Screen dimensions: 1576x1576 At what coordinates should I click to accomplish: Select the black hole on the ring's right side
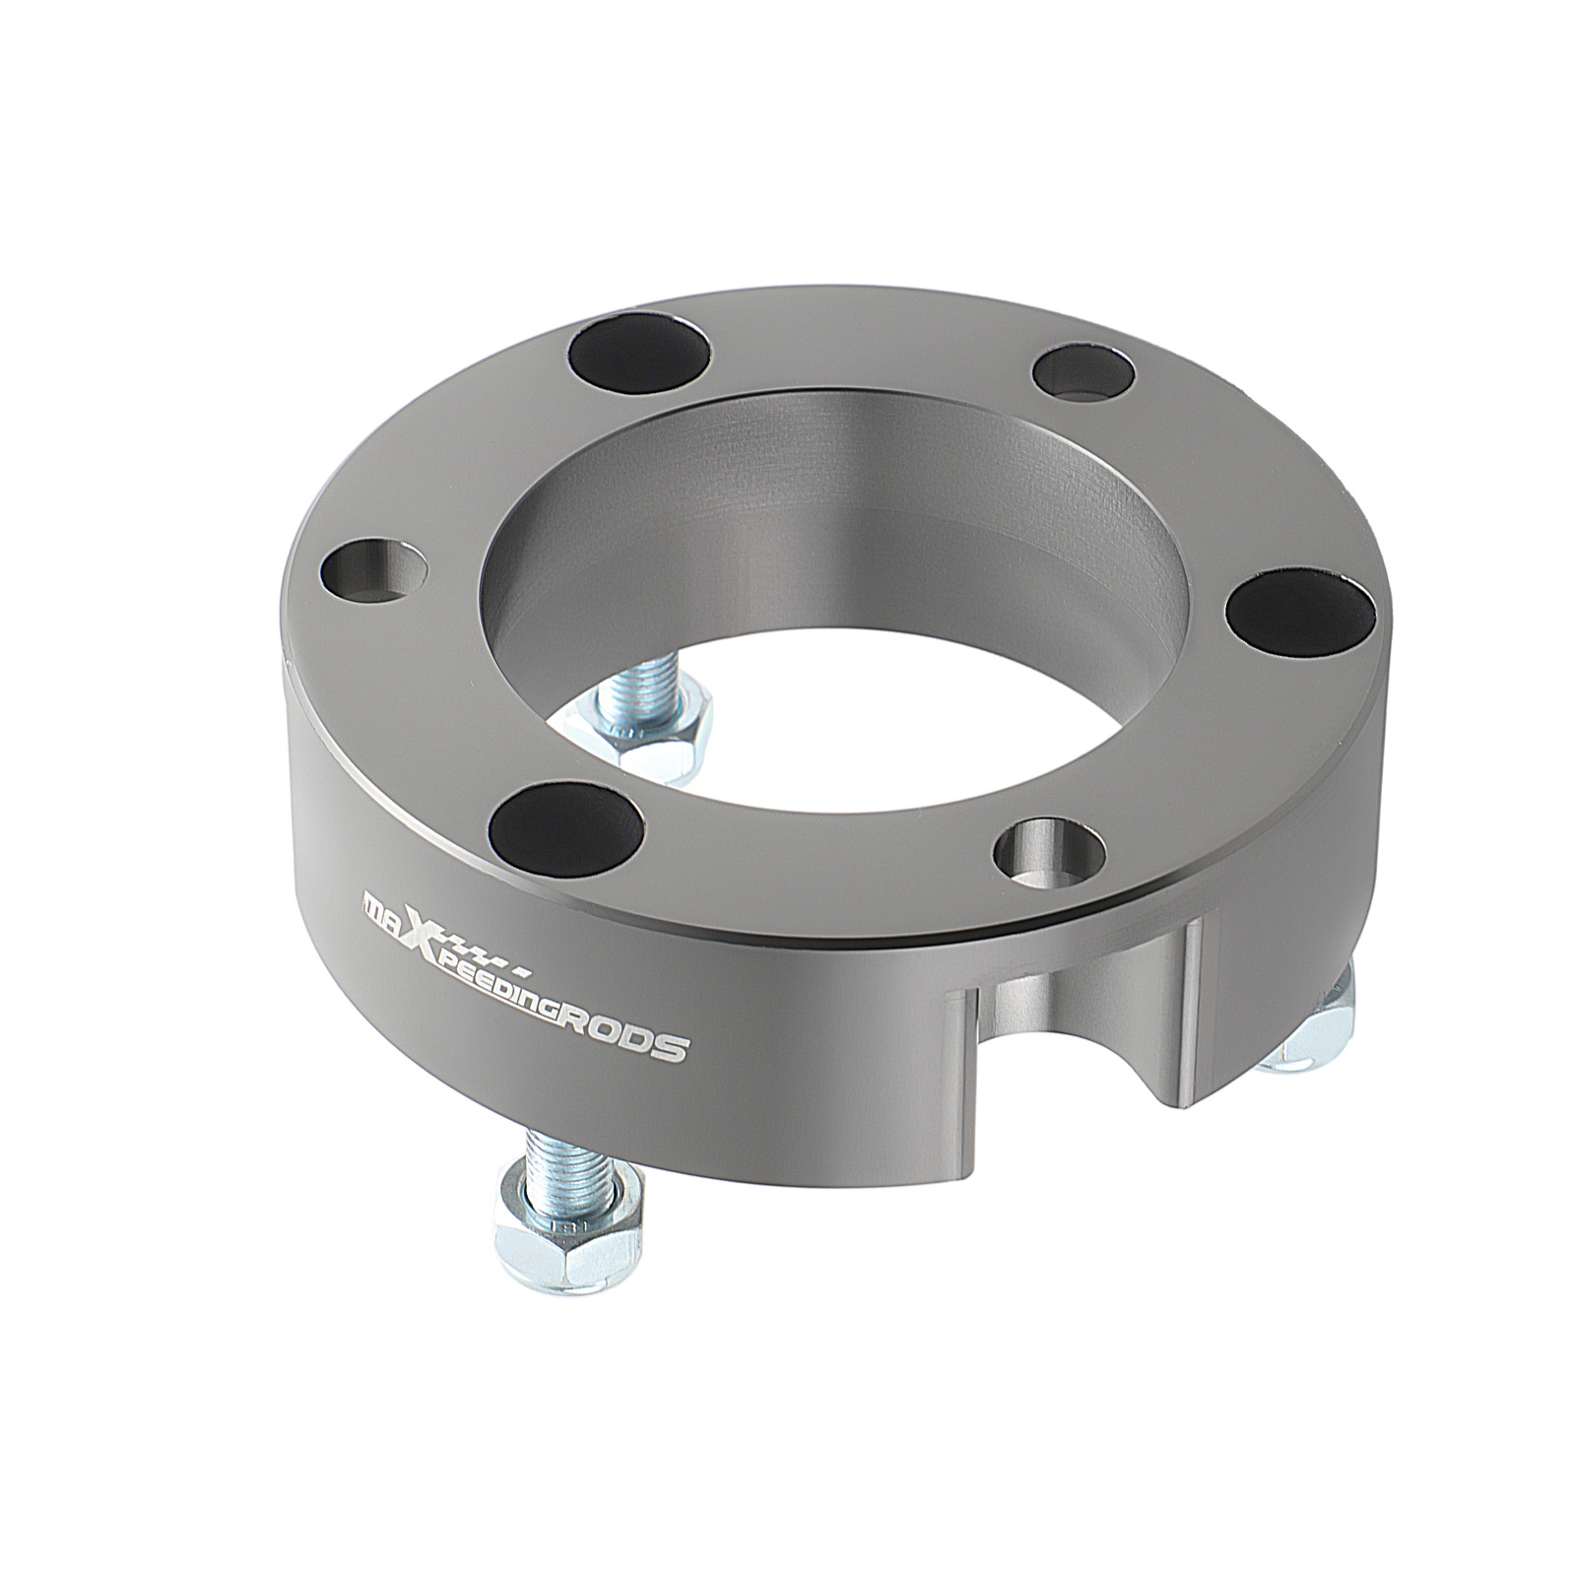1296,611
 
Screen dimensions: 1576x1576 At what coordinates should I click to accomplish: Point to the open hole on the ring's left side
373,568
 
